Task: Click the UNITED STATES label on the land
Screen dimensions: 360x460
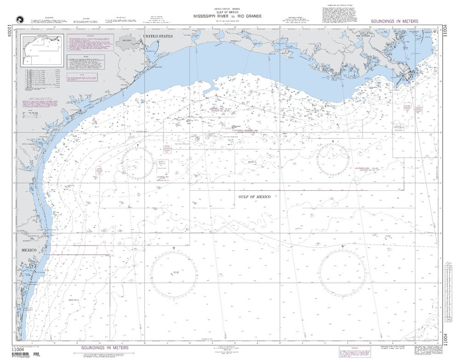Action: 157,36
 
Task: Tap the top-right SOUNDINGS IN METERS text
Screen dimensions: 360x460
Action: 394,21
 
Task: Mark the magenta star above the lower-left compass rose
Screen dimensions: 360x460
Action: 173,249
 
